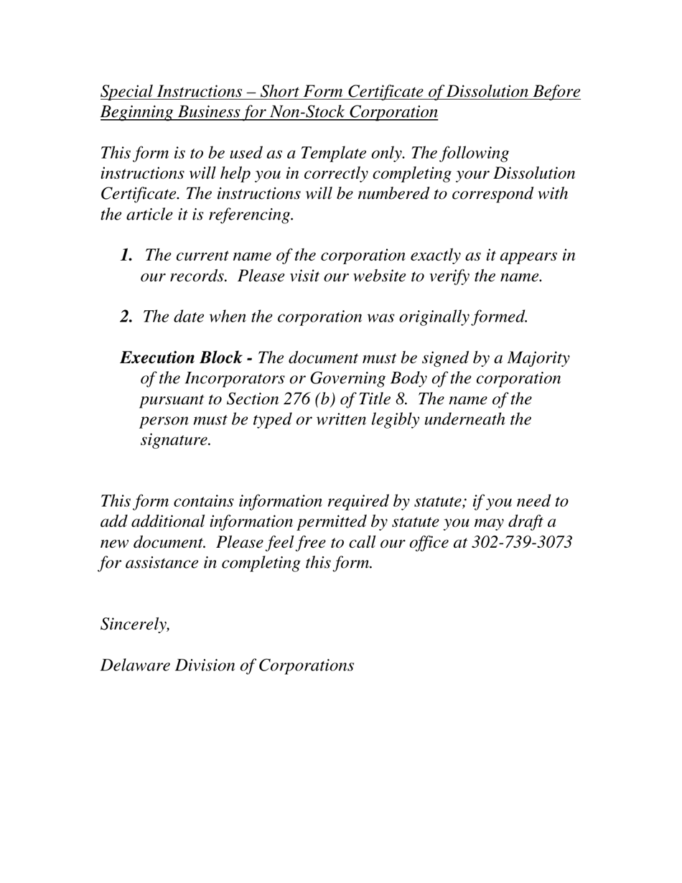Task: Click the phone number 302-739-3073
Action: [x=522, y=542]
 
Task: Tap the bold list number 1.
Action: [x=126, y=256]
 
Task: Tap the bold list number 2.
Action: [x=126, y=317]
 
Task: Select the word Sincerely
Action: [x=135, y=625]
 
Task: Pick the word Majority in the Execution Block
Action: [x=538, y=358]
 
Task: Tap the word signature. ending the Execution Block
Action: [x=175, y=440]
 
